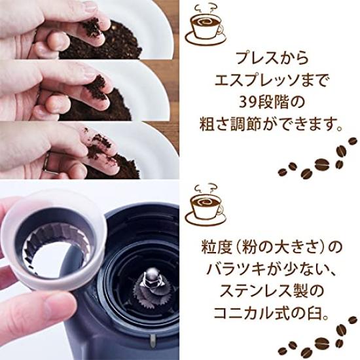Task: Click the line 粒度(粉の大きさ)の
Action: (270, 249)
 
